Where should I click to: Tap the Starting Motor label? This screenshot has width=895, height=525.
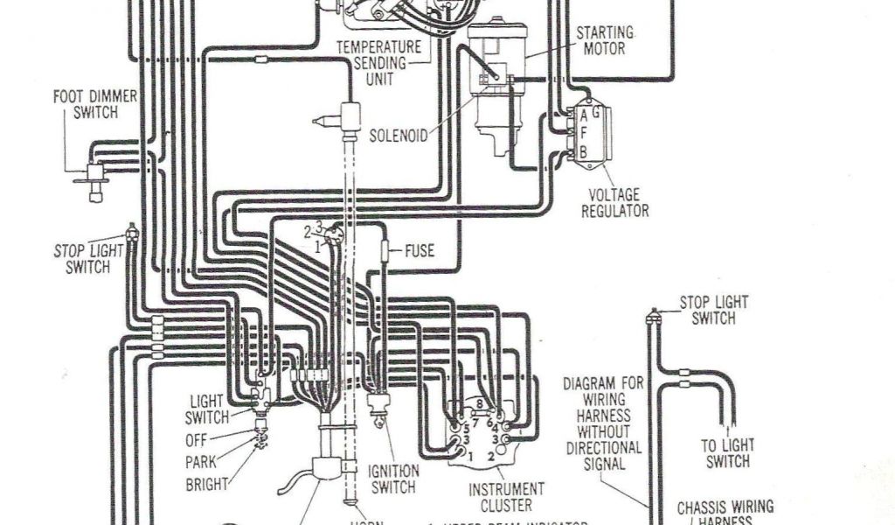(604, 41)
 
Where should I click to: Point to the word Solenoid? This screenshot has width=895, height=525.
(399, 136)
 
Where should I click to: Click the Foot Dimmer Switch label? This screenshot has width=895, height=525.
(95, 104)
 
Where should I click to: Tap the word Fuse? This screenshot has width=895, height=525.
(419, 251)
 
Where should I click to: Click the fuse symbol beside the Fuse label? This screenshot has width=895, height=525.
(385, 252)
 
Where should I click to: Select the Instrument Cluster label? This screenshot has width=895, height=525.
(507, 496)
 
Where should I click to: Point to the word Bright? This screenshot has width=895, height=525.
(206, 483)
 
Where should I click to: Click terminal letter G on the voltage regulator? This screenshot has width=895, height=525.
(595, 112)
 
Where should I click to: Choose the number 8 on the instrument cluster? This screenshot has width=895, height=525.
(478, 403)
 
